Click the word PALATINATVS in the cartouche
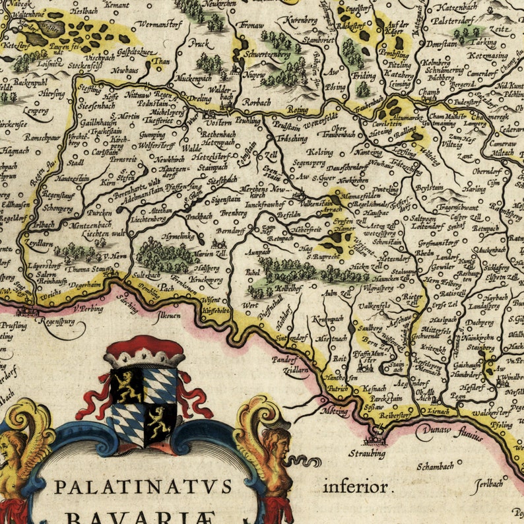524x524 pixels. [x=143, y=487]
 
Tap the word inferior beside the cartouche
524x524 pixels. [x=356, y=488]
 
